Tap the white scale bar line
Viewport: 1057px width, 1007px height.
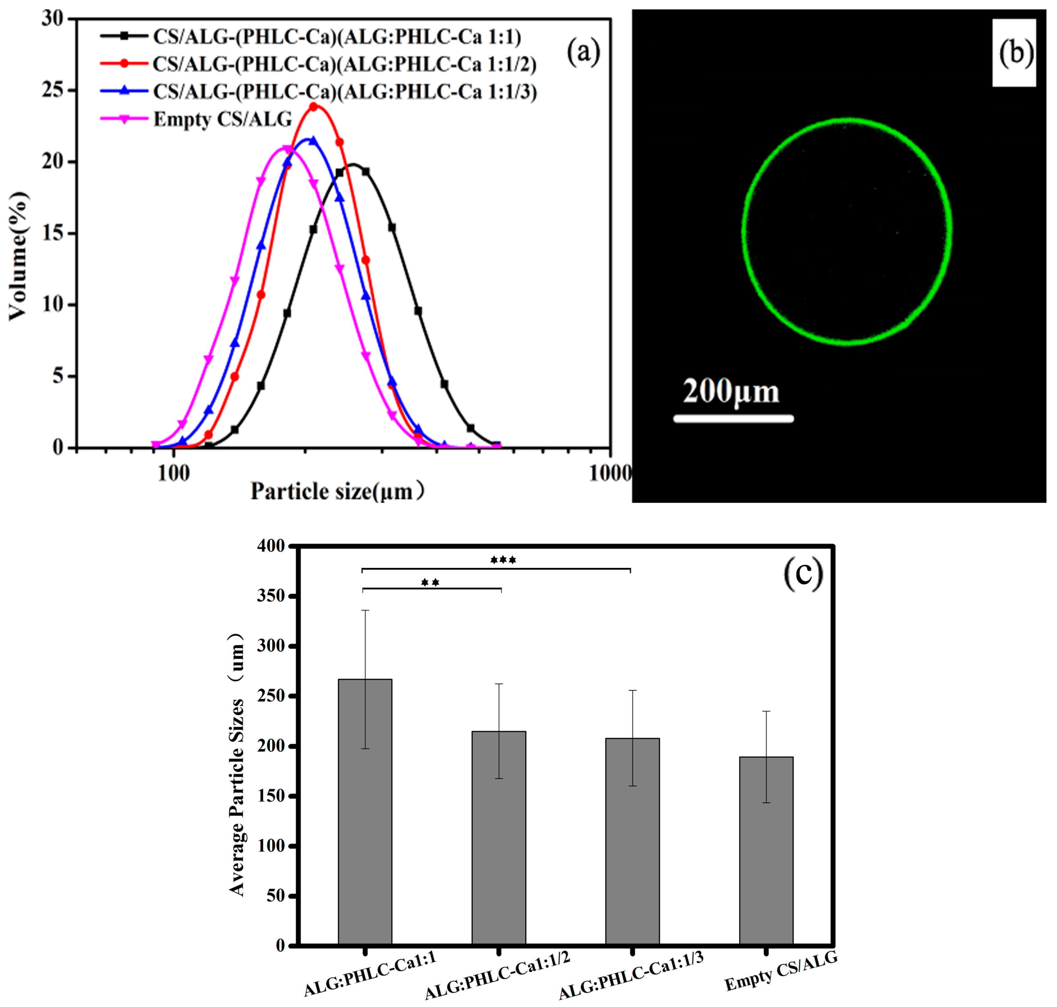pyautogui.click(x=733, y=419)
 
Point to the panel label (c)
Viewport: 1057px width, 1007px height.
pyautogui.click(x=803, y=573)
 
